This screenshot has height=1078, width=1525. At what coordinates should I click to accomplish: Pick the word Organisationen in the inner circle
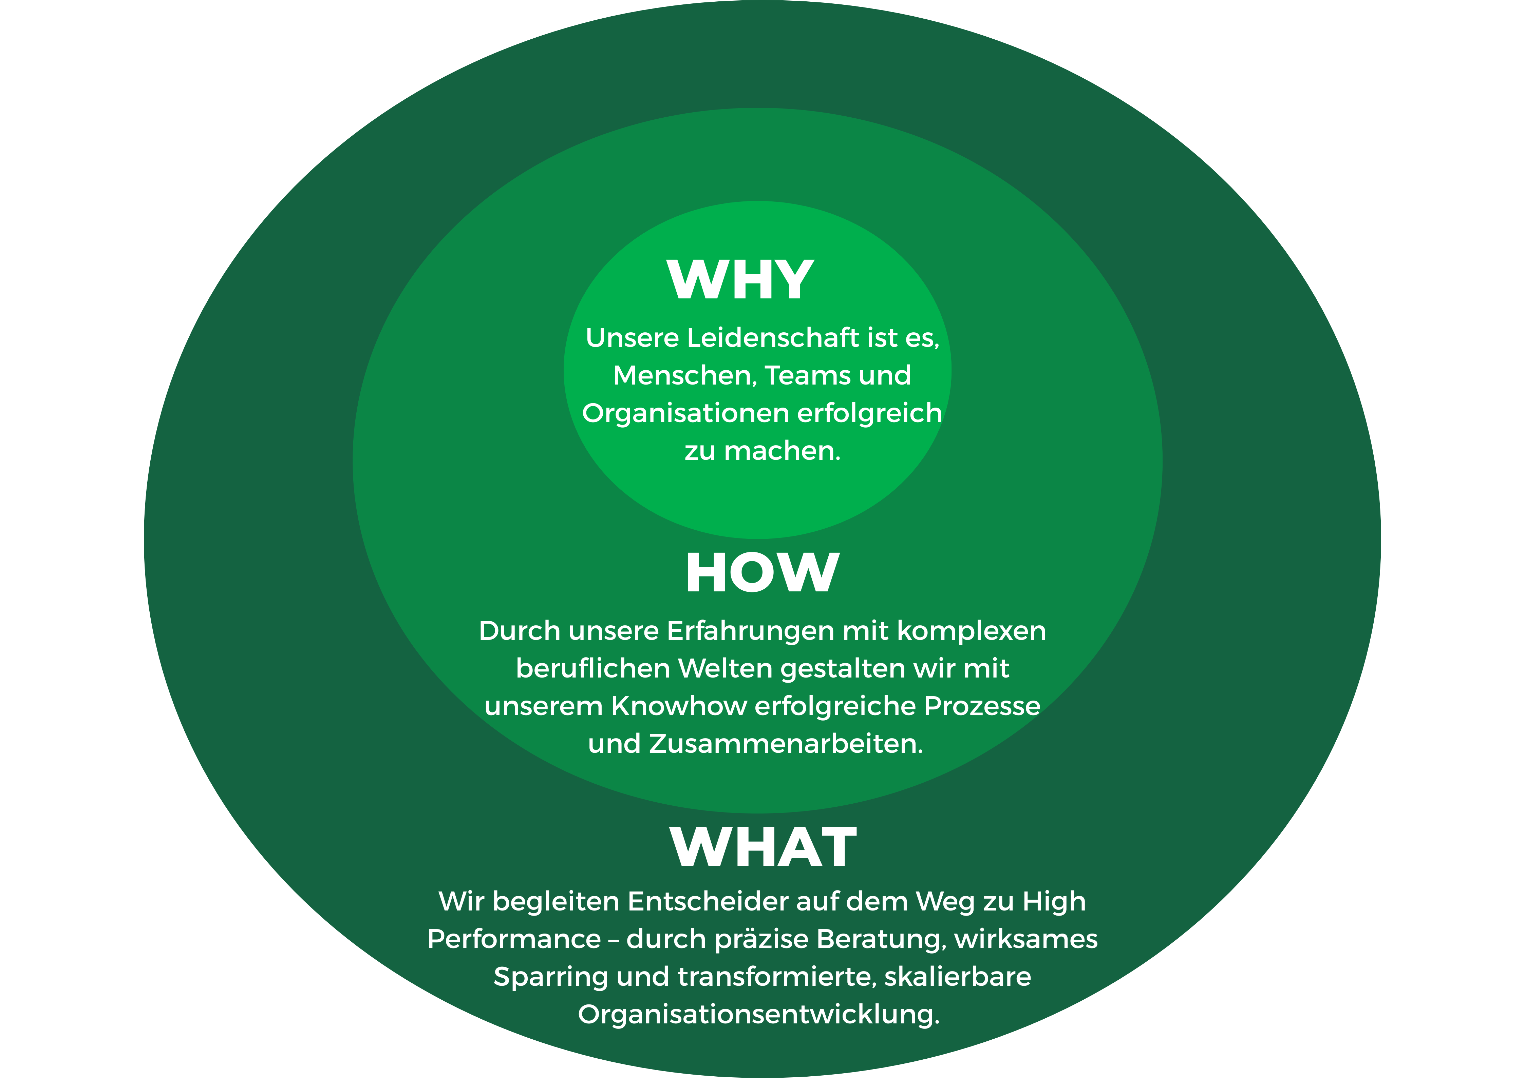(x=685, y=414)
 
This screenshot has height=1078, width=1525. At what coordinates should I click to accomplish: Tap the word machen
(x=782, y=451)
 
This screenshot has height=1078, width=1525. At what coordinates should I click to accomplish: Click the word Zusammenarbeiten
(x=786, y=744)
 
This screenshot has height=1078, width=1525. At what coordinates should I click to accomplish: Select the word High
(x=1054, y=902)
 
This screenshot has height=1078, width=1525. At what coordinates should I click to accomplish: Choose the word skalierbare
(x=958, y=977)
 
